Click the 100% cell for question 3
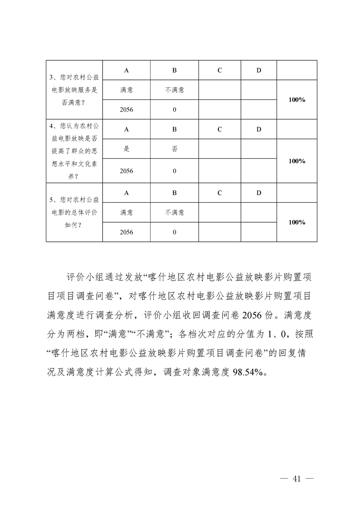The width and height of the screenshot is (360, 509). (296, 100)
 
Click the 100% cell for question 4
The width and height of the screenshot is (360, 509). (296, 161)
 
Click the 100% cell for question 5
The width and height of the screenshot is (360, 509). (296, 222)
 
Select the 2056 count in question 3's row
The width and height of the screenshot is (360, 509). (126, 110)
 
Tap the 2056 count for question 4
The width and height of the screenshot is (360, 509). (126, 171)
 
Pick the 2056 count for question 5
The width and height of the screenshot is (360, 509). (126, 232)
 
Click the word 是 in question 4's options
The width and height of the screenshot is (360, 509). (126, 149)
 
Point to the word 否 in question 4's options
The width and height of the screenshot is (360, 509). (174, 149)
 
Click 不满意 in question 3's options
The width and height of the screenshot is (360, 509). (174, 90)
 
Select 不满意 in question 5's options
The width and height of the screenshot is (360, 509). (174, 212)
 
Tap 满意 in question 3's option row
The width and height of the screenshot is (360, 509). (126, 90)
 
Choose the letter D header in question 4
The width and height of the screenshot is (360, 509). (259, 129)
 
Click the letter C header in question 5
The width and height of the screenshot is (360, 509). (219, 193)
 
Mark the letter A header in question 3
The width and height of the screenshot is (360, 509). (126, 70)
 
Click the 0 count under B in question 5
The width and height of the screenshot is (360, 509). (174, 232)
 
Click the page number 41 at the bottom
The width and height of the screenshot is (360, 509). (297, 479)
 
